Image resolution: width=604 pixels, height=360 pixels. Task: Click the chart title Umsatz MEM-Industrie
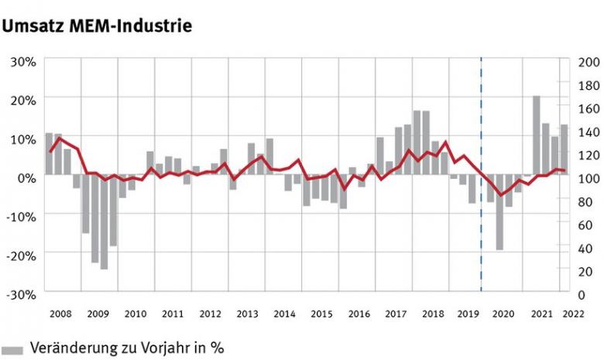point(97,26)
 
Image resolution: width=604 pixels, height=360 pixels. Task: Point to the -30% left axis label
point(21,293)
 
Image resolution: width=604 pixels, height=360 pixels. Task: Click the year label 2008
point(60,314)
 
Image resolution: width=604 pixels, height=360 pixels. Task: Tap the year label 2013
point(247,314)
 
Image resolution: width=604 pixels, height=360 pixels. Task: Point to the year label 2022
point(574,314)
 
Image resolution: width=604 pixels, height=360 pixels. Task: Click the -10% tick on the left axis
point(21,216)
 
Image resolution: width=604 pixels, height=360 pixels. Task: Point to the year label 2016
point(359,314)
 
